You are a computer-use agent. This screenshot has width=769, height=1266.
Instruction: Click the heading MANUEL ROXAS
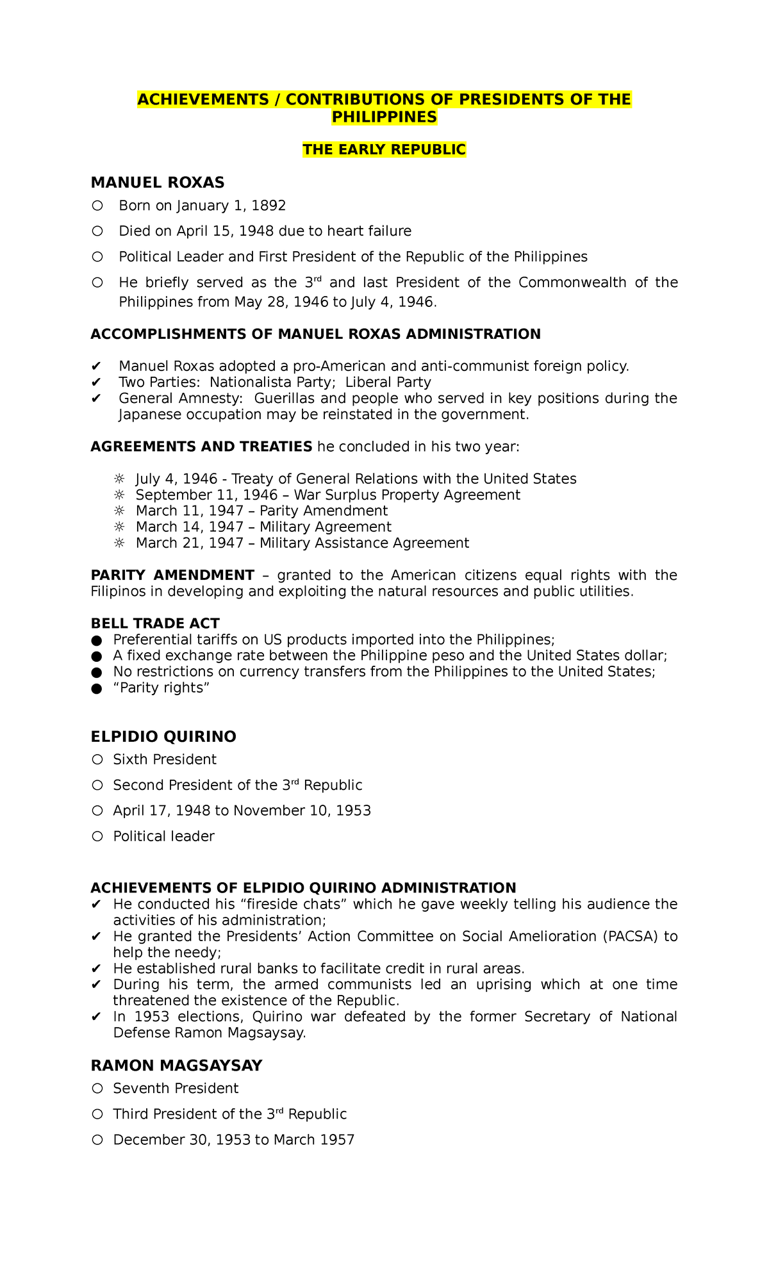tap(158, 183)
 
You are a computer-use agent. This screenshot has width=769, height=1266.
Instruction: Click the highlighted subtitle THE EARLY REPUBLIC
tap(384, 149)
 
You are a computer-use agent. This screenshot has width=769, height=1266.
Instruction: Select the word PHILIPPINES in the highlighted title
tap(384, 117)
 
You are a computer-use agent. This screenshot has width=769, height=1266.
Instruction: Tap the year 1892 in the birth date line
tap(269, 206)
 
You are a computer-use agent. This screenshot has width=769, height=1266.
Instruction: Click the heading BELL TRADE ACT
tap(155, 623)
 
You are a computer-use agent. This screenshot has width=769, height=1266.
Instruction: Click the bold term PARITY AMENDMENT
tap(172, 575)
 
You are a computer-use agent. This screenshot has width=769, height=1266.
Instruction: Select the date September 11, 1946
tap(206, 495)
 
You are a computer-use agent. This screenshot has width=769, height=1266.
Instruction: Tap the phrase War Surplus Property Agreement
tap(407, 495)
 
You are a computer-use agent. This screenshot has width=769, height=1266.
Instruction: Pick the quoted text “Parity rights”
tap(161, 688)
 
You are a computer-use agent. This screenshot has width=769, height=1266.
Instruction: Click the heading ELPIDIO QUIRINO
tap(163, 737)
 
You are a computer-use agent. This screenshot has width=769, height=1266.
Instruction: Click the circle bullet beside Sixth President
tap(97, 760)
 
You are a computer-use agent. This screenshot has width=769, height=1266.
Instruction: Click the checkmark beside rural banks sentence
tap(97, 969)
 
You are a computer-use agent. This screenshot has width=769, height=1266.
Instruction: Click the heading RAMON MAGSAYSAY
tap(176, 1065)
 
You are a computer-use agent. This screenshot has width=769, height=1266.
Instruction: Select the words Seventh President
tap(176, 1089)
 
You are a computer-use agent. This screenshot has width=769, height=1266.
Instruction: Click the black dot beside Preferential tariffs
tap(97, 640)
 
